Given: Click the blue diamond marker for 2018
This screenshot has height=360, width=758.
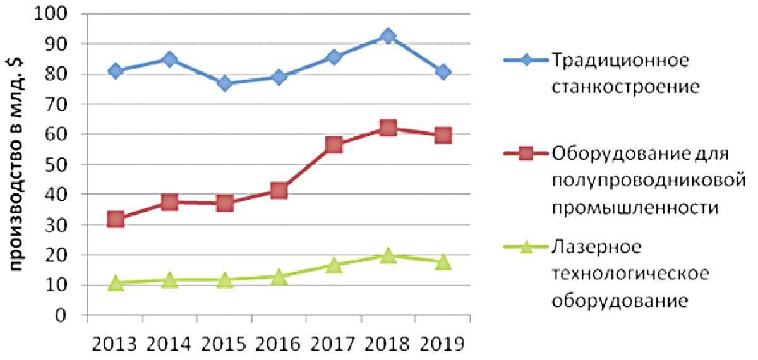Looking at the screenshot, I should point(388,36).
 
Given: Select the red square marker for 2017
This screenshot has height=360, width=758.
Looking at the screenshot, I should point(334,145).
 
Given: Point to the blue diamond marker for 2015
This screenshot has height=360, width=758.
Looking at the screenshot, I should point(224,83).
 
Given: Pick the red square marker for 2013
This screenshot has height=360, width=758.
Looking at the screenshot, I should point(115,219).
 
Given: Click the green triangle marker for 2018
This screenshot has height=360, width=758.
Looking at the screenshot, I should point(388,255).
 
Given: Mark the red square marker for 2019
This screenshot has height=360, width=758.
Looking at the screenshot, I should point(443,135).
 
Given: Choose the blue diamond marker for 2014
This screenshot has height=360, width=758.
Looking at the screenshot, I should point(169,59).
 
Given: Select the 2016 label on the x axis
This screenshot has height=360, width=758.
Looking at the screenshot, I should point(279,344).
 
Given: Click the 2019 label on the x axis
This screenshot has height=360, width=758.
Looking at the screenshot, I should point(443,344).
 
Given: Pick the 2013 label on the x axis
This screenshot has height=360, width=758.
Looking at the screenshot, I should point(115,344).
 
